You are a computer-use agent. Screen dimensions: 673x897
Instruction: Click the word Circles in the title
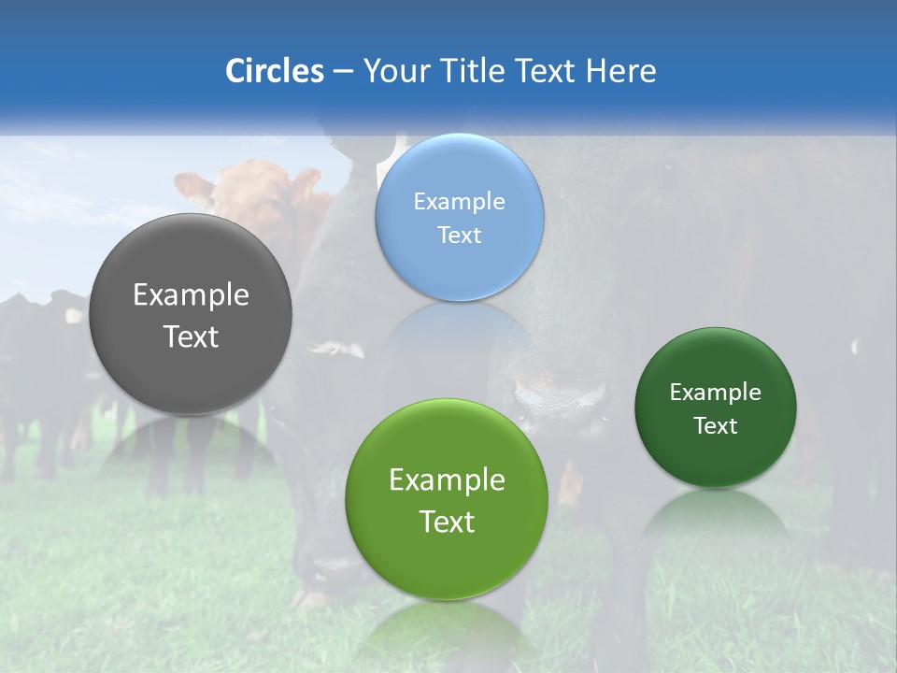(x=275, y=71)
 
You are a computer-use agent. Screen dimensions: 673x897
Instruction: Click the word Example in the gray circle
(x=191, y=295)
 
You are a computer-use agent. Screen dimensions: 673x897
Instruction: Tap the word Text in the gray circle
(x=191, y=336)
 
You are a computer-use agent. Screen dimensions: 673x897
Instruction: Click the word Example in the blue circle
(x=460, y=202)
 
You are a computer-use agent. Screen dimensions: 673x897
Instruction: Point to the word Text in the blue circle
(x=460, y=235)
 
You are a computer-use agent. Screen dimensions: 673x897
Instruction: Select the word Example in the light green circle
(x=447, y=480)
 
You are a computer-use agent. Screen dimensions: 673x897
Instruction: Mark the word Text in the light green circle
(x=447, y=522)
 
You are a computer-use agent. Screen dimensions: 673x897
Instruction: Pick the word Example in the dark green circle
(x=716, y=393)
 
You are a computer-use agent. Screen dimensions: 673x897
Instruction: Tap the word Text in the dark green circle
(x=716, y=426)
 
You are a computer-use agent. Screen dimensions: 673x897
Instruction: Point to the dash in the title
(x=343, y=72)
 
